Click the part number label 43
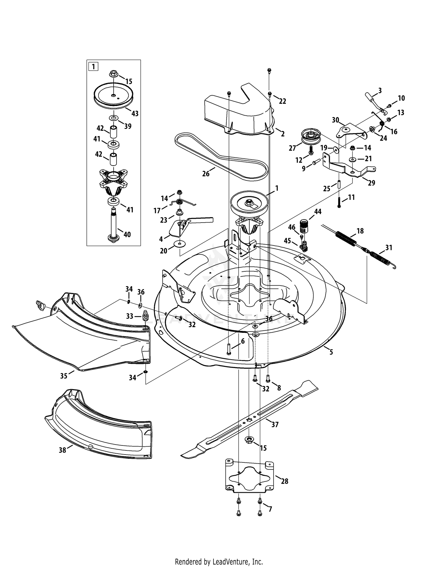click(x=135, y=113)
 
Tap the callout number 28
click(x=284, y=481)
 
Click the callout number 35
click(x=64, y=376)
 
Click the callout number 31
click(x=389, y=247)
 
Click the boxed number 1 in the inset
click(x=93, y=67)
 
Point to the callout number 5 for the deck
click(x=331, y=352)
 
